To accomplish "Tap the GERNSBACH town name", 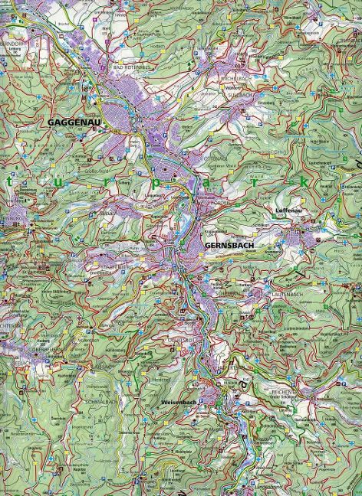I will pyautogui.click(x=228, y=245).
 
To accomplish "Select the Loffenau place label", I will pyautogui.click(x=289, y=208).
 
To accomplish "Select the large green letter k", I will pyautogui.click(x=304, y=183).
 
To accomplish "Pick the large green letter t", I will pyautogui.click(x=9, y=182).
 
